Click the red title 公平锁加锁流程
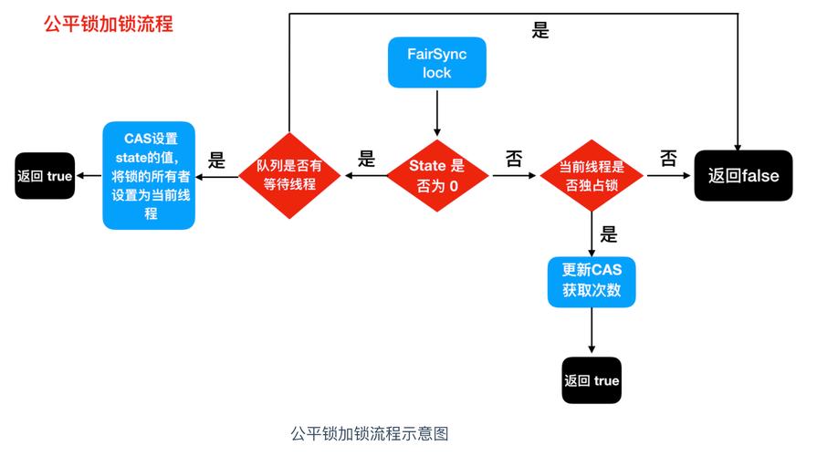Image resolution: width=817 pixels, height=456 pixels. point(108,24)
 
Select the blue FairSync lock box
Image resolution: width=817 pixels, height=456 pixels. point(436,64)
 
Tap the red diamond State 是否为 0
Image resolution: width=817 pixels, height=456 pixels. point(436,176)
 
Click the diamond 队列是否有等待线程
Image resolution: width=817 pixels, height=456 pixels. point(288,176)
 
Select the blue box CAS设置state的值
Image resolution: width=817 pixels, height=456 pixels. point(149,176)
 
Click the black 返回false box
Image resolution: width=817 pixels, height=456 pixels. point(743,176)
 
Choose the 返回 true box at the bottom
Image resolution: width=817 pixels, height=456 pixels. point(592,380)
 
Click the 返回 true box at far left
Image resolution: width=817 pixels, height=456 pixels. point(45,176)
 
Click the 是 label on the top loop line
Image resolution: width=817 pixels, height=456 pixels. point(540,31)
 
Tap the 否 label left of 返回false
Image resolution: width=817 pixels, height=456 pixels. point(668,159)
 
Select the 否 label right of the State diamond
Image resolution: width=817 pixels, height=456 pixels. point(514,159)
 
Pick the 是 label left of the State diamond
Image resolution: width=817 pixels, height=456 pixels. point(366,159)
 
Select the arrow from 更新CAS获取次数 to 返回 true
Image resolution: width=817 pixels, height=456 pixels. point(592,332)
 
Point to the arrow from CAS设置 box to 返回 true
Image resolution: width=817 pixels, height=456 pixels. point(89,176)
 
